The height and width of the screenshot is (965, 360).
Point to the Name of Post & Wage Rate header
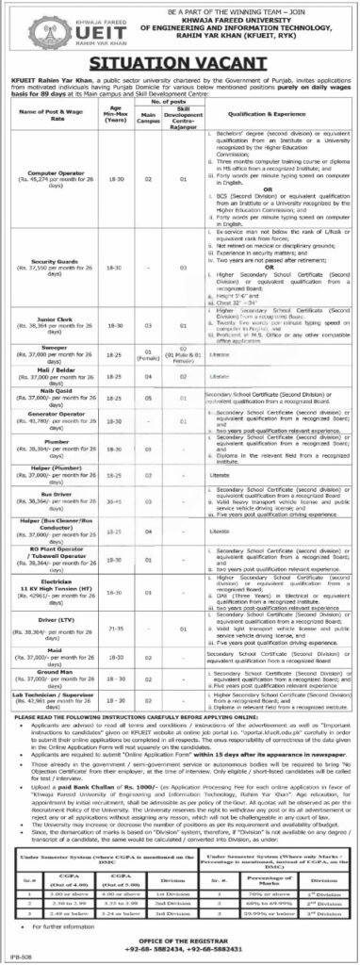[65, 139]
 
